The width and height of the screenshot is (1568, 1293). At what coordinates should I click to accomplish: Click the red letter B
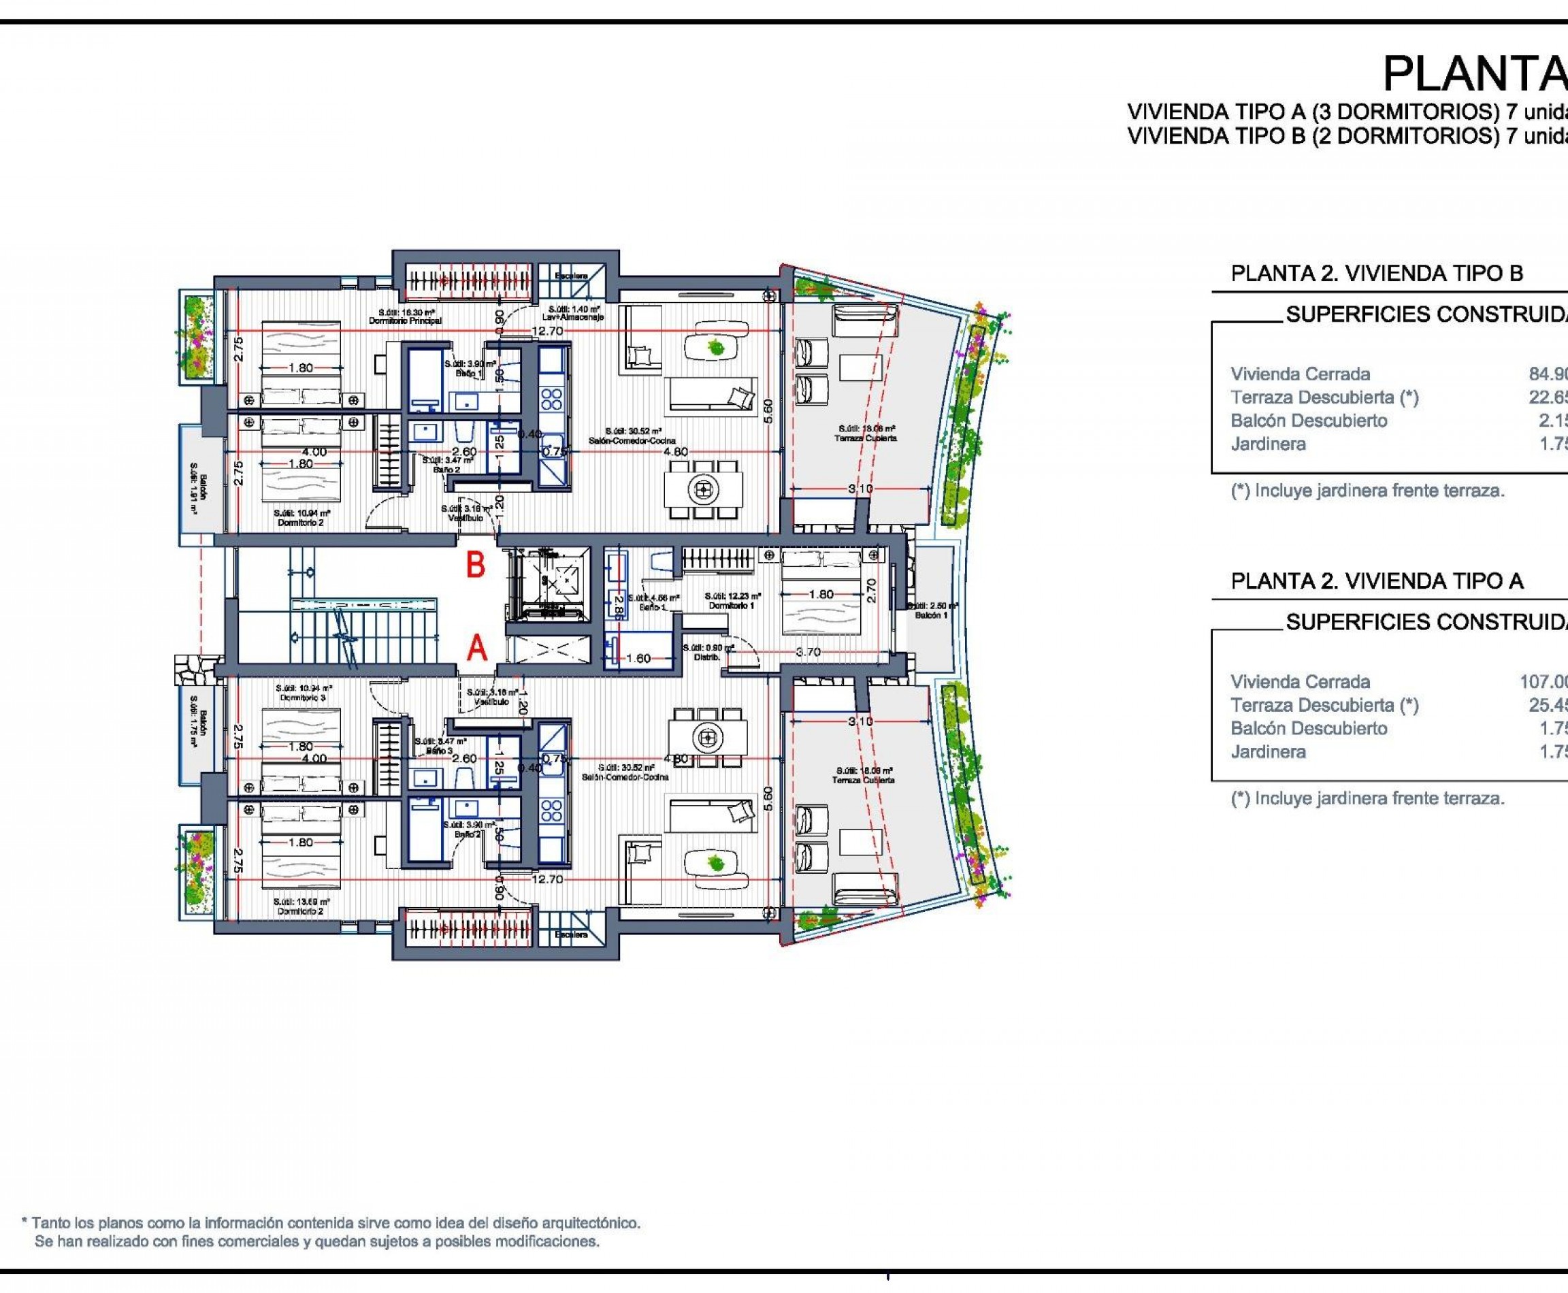click(476, 566)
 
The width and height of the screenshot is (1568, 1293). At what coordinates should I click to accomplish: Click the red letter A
click(477, 649)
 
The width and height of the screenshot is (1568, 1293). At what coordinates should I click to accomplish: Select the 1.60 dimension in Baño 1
click(638, 659)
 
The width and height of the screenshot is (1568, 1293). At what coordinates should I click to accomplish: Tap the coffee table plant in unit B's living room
click(717, 347)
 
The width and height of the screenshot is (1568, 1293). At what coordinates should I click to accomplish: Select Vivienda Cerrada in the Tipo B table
click(1300, 374)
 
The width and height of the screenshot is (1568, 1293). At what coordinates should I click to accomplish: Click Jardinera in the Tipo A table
click(1268, 751)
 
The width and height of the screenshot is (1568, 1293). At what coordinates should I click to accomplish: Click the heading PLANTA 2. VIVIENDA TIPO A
click(1377, 581)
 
